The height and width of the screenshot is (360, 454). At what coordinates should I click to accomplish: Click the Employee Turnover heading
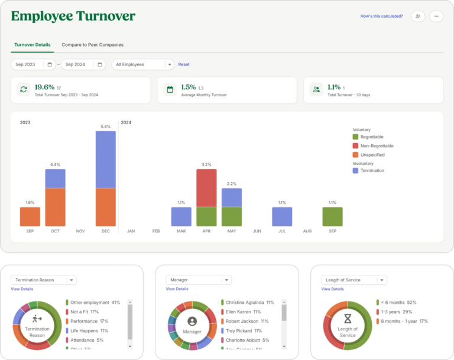73,17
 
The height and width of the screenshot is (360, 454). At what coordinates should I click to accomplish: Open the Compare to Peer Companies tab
92,45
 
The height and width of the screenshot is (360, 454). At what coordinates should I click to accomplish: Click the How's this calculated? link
381,17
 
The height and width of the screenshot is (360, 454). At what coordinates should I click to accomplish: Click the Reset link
184,64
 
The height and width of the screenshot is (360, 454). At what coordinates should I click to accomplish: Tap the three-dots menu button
436,17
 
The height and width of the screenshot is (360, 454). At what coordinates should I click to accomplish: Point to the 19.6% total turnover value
44,87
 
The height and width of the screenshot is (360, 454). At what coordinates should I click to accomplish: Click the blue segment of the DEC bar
106,159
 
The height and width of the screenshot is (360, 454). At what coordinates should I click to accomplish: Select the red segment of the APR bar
206,188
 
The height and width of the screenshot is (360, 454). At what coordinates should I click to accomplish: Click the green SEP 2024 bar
332,216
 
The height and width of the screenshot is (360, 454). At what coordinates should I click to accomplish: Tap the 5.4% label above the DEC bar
106,127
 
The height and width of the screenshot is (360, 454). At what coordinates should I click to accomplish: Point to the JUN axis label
257,231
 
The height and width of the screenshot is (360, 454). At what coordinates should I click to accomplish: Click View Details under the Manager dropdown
177,289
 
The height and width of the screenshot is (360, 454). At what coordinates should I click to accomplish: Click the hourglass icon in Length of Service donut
348,318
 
